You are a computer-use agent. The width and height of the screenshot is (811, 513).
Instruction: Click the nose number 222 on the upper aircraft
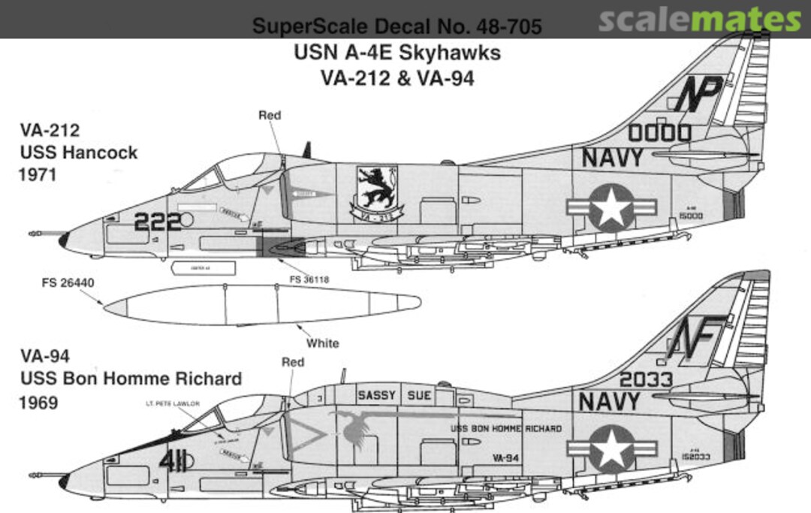(x=158, y=221)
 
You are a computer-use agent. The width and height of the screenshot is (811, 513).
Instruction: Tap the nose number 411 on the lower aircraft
(x=172, y=460)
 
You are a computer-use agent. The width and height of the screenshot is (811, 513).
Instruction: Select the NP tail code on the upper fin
(x=698, y=94)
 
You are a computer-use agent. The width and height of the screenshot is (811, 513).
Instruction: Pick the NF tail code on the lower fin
(x=696, y=336)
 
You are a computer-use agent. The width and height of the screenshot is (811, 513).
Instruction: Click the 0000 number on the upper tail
(x=659, y=134)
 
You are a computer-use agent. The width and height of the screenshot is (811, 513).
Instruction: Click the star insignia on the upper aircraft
(x=611, y=207)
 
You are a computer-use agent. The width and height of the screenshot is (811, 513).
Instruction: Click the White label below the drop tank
(x=323, y=343)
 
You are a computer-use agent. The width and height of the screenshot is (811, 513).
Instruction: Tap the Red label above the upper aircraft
(x=270, y=115)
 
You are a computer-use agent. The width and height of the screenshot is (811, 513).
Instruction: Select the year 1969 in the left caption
(x=40, y=403)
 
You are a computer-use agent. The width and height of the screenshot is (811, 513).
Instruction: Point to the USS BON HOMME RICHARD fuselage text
(x=505, y=429)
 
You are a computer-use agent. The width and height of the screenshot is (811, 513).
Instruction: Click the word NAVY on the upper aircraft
(x=612, y=158)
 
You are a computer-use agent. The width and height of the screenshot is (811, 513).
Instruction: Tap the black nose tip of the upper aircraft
(x=64, y=240)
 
